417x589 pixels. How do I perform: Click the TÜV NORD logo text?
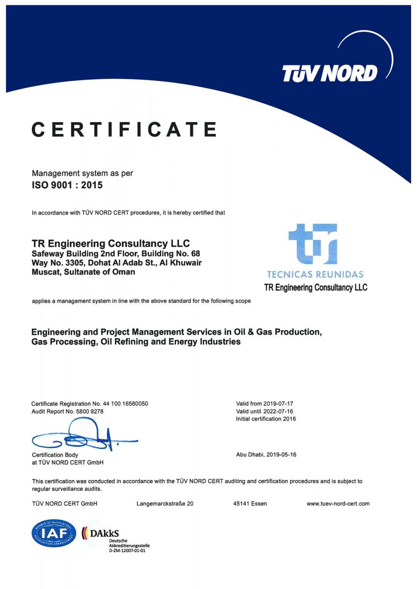(x=329, y=73)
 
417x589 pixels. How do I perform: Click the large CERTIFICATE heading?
(x=124, y=129)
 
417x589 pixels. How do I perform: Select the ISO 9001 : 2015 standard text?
(x=67, y=185)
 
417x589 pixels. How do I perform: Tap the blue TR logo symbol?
(x=313, y=244)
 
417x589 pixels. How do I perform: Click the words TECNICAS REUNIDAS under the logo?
(x=315, y=274)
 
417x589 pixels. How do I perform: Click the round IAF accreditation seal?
(x=54, y=534)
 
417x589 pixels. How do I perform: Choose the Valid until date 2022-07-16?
(x=279, y=411)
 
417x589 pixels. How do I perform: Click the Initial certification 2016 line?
(x=266, y=419)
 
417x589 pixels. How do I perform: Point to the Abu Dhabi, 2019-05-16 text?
(x=266, y=455)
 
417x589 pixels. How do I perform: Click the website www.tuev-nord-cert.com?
(x=338, y=504)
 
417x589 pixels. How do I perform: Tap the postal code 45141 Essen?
(x=250, y=504)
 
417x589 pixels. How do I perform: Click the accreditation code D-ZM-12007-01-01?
(x=127, y=550)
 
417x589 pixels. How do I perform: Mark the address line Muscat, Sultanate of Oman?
(x=83, y=272)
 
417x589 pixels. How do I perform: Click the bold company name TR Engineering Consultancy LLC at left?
(x=110, y=243)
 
